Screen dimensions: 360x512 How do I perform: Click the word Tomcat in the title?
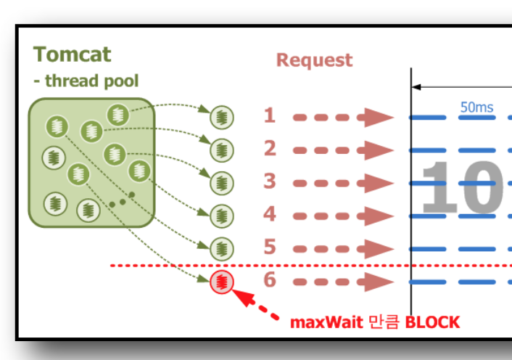pos(73,54)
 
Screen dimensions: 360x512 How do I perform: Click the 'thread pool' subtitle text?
pos(91,81)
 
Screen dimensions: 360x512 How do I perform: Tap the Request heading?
pos(314,60)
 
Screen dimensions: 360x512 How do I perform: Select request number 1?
pos(270,115)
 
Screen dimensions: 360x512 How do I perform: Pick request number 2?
pos(270,149)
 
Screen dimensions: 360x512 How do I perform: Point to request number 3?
pos(270,181)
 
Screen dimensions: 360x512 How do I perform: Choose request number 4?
pos(270,215)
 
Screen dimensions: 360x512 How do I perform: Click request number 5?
pos(270,248)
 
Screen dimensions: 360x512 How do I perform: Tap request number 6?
pos(270,281)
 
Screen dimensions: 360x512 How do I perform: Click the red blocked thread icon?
pos(222,282)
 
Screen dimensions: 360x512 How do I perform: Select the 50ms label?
pos(476,107)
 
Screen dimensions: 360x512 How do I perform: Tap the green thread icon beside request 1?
pos(222,116)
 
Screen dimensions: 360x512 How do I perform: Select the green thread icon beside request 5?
pos(222,248)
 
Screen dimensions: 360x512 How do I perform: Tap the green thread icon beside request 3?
pos(222,182)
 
